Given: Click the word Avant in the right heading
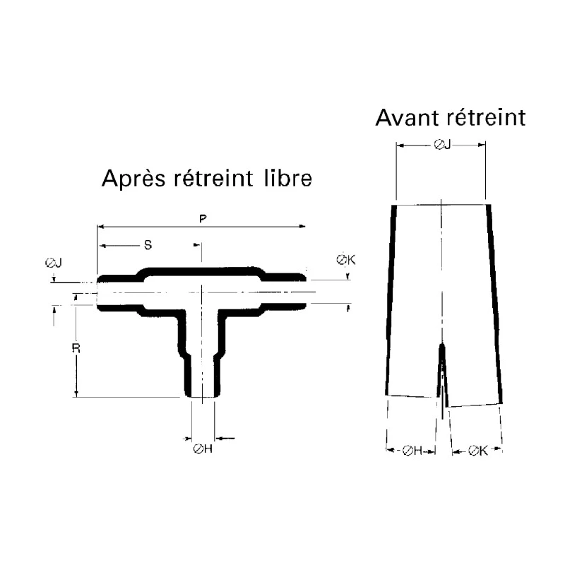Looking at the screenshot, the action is (x=408, y=117).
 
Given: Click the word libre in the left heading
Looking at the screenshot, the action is (x=288, y=178).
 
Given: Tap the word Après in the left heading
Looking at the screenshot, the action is (x=133, y=179).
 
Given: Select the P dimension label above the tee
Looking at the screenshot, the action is (x=203, y=218).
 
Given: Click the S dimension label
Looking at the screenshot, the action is (x=148, y=245).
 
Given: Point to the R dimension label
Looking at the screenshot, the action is (x=76, y=348).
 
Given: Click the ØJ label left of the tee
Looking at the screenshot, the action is (x=54, y=263).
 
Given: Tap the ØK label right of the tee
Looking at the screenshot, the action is (x=346, y=259).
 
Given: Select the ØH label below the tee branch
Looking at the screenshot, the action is (x=203, y=448).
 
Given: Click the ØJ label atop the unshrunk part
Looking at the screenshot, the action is (x=442, y=145).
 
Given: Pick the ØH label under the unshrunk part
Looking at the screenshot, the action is (x=412, y=451).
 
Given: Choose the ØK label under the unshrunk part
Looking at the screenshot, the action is (x=478, y=451).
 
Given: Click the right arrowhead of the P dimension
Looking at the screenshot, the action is (x=303, y=226).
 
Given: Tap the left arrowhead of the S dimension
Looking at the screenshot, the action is (x=102, y=246).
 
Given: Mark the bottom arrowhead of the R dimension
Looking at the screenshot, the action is (x=76, y=393).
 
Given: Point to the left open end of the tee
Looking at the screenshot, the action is (x=97, y=293).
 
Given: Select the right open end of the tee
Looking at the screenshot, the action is (x=306, y=292).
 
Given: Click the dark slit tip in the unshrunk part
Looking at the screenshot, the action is (x=442, y=345).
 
